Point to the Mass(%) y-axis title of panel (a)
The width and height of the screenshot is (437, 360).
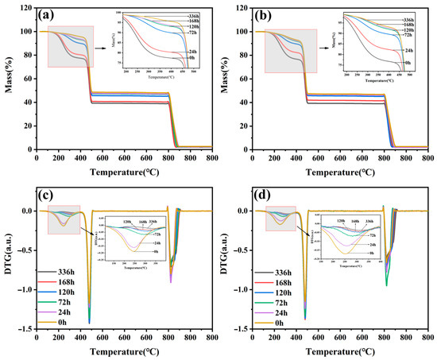(8, 79)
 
